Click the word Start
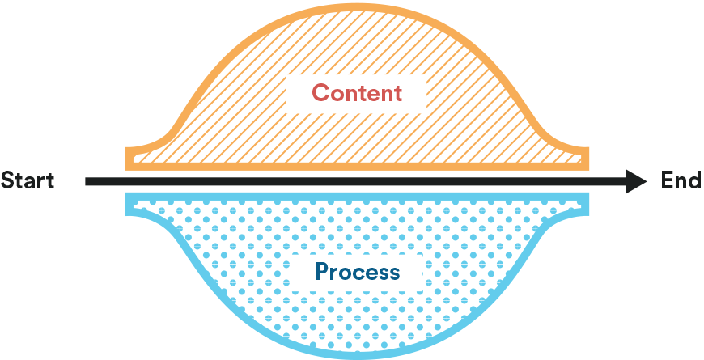(x=28, y=180)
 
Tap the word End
(x=681, y=180)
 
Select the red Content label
(x=357, y=93)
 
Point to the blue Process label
(x=358, y=271)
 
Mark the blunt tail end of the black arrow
(x=87, y=181)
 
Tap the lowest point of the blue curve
(x=357, y=354)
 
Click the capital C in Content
(x=320, y=93)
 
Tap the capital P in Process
(x=322, y=271)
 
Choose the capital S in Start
(x=7, y=180)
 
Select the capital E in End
(x=668, y=180)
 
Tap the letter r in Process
(x=335, y=273)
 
